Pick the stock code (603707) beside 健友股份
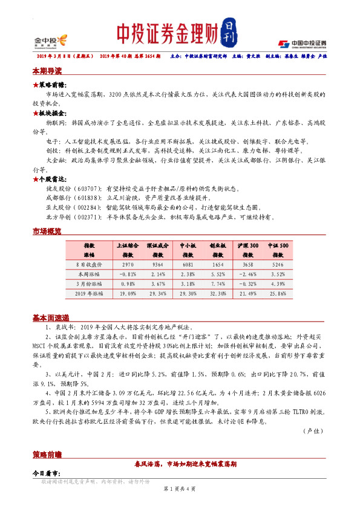coord(87,190)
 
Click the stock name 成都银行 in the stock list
coord(58,198)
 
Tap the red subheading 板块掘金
coord(53,113)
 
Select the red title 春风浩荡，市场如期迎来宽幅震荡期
coord(184,464)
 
